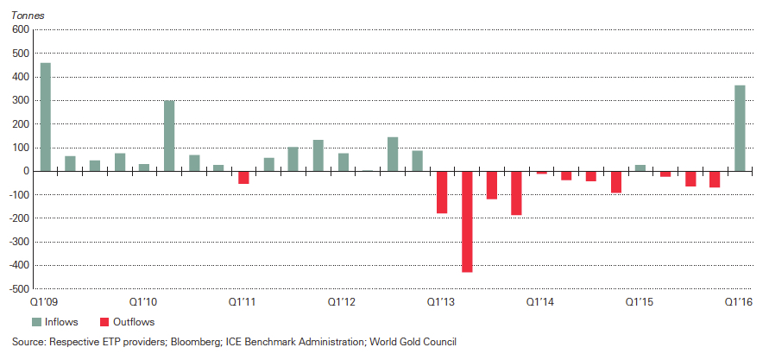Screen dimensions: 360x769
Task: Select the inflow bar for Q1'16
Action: tap(740, 128)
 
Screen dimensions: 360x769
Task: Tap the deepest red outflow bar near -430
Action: tap(467, 221)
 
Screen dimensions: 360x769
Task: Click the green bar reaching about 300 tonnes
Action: tap(169, 136)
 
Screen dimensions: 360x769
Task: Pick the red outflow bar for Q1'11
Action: tap(243, 177)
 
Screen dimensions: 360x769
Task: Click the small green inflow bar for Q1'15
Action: tap(640, 167)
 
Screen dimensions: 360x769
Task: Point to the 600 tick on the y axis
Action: tap(21, 30)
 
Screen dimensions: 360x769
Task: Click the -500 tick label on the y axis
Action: tap(19, 288)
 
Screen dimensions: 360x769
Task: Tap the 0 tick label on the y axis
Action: tap(26, 171)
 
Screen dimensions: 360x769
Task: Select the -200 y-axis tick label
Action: tap(19, 218)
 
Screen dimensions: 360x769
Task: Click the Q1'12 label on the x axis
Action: tap(342, 302)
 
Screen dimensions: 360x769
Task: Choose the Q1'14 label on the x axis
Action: tap(540, 302)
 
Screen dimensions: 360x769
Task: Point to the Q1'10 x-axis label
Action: tap(143, 302)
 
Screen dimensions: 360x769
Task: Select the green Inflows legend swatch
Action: tap(36, 322)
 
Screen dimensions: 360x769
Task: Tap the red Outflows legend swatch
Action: tap(105, 322)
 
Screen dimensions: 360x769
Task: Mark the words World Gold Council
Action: tap(413, 342)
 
